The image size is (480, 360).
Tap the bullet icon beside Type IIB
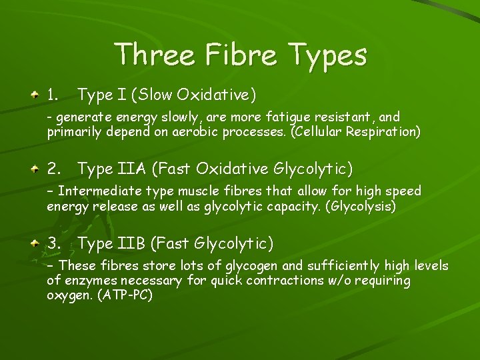pyautogui.click(x=33, y=243)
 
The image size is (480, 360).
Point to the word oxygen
pyautogui.click(x=70, y=295)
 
